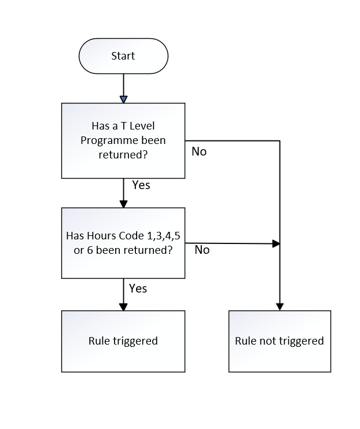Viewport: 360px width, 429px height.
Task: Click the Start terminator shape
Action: click(123, 56)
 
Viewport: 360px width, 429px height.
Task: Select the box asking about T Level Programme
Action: click(123, 140)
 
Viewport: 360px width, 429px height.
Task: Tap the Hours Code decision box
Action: click(123, 243)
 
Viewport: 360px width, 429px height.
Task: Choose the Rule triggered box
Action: click(123, 341)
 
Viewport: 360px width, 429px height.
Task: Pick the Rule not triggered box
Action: click(280, 341)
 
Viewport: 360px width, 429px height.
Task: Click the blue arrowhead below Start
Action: click(123, 99)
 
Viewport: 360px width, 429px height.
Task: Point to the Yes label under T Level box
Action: click(141, 185)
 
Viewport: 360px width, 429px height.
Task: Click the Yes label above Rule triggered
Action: click(138, 289)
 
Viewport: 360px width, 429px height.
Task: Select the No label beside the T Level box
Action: click(199, 151)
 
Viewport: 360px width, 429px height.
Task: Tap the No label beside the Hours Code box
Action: click(202, 250)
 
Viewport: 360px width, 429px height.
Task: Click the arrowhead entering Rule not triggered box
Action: click(280, 306)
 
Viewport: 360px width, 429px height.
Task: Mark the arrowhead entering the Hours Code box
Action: click(123, 204)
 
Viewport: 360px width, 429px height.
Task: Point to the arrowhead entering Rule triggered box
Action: click(123, 307)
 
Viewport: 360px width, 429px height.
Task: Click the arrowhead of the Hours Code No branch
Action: click(276, 243)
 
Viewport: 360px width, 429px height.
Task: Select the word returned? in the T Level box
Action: click(123, 155)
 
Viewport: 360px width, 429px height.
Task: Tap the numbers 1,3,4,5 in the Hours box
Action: click(164, 236)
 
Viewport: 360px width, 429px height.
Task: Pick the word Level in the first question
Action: click(142, 126)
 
